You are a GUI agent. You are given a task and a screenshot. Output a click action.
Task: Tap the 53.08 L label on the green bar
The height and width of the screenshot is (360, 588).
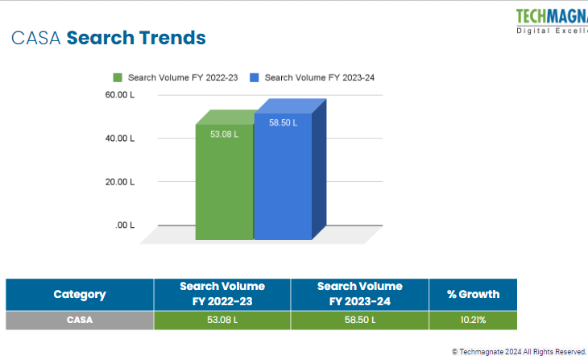pyautogui.click(x=224, y=134)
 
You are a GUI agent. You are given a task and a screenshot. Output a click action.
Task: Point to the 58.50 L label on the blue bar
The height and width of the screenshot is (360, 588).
pyautogui.click(x=284, y=122)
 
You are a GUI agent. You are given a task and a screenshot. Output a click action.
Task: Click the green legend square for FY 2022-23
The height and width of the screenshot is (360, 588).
pyautogui.click(x=118, y=78)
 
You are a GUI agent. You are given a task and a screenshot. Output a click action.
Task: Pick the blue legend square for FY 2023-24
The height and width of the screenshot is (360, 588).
pyautogui.click(x=255, y=78)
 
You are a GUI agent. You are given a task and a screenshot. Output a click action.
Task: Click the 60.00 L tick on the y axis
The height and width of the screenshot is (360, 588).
pyautogui.click(x=120, y=95)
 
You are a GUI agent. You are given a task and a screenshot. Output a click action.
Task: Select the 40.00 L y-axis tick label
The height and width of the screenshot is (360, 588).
pyautogui.click(x=120, y=139)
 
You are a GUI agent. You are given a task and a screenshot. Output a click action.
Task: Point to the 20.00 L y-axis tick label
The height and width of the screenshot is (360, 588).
pyautogui.click(x=120, y=182)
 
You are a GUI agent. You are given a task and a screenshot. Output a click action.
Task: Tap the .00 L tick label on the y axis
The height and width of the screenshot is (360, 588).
pyautogui.click(x=124, y=226)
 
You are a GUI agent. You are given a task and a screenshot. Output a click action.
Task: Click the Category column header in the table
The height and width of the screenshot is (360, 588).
pyautogui.click(x=80, y=295)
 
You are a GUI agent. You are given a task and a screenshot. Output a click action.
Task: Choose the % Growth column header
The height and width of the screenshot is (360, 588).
pyautogui.click(x=473, y=294)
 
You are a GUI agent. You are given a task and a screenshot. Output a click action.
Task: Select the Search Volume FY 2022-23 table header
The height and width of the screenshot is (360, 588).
pyautogui.click(x=222, y=294)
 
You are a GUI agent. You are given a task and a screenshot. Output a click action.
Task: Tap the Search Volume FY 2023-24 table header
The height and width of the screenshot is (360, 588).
pyautogui.click(x=359, y=294)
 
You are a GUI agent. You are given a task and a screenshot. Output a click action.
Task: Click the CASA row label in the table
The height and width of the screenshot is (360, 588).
pyautogui.click(x=80, y=321)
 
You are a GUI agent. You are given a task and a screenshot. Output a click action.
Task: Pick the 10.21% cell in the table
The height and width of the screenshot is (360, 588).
pyautogui.click(x=473, y=321)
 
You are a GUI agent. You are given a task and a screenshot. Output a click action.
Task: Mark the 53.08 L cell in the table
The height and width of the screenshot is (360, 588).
pyautogui.click(x=222, y=321)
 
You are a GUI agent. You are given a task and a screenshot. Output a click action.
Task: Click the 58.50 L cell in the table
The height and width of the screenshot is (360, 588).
pyautogui.click(x=359, y=321)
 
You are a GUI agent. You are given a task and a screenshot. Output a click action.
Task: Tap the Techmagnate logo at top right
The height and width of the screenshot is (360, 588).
pyautogui.click(x=552, y=20)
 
